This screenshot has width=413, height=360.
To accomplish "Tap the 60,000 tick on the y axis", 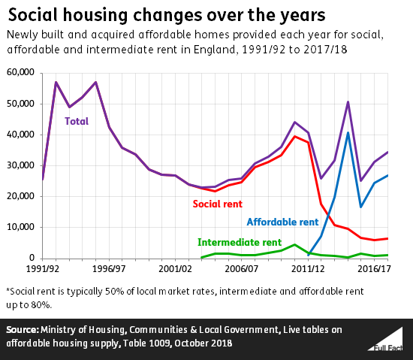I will (x=21, y=72).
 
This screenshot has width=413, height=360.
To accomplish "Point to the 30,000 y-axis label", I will (x=21, y=165).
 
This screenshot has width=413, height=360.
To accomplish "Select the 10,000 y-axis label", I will (x=21, y=227).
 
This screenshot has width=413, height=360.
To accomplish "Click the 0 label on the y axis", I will (x=33, y=258).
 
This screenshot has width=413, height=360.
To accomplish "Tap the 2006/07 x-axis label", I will (x=244, y=268).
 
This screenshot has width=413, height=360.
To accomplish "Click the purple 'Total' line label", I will (x=76, y=120).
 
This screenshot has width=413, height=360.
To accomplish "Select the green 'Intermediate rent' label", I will (x=240, y=242).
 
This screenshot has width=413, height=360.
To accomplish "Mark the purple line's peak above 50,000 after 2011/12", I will (x=348, y=101).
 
